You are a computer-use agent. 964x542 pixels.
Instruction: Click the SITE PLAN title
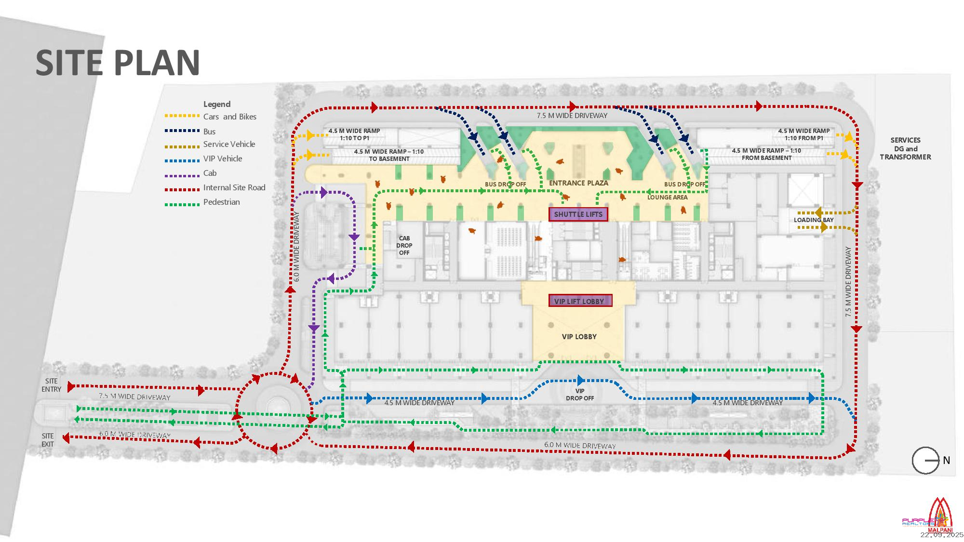[118, 63]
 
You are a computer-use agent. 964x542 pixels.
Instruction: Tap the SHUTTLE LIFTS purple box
[578, 214]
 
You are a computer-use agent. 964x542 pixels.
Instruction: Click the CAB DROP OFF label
[404, 245]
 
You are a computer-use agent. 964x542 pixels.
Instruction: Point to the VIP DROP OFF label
[580, 395]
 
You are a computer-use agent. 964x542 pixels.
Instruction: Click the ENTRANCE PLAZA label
[578, 183]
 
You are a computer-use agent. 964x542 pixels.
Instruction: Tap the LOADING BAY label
[814, 220]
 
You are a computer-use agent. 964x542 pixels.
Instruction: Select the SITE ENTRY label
[52, 385]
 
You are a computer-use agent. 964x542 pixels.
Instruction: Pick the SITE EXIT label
[48, 440]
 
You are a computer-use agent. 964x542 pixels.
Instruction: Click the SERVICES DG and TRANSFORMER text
[905, 148]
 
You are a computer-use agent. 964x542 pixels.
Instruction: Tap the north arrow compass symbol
[926, 461]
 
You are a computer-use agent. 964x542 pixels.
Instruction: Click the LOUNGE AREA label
[667, 197]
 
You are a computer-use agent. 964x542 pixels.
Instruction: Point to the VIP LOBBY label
[579, 336]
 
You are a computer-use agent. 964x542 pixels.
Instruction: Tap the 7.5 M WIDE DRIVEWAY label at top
[572, 116]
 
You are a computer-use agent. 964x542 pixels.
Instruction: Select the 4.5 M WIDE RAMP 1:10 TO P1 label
[354, 134]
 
